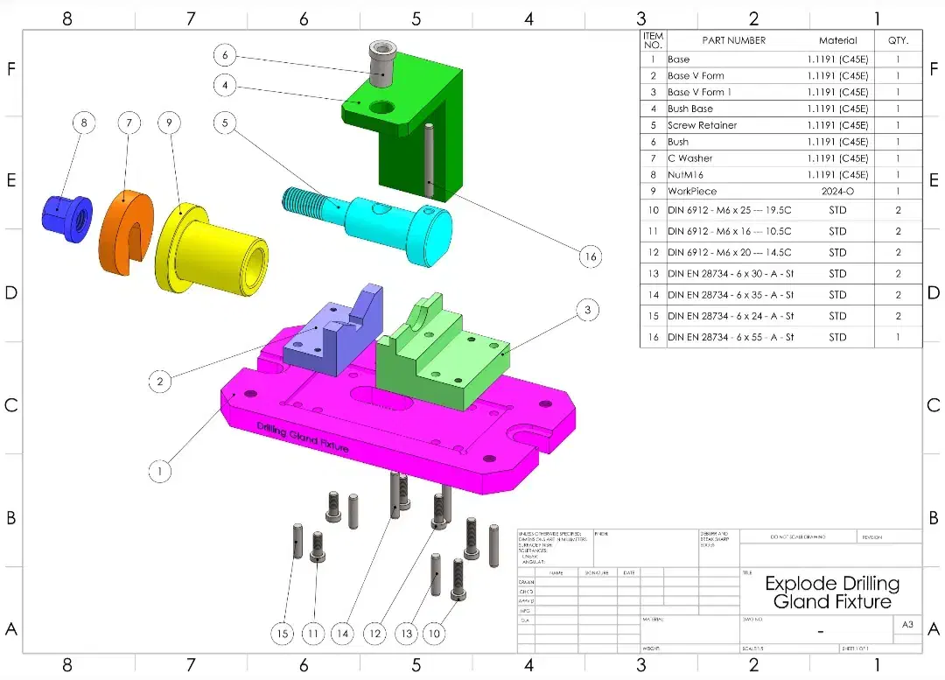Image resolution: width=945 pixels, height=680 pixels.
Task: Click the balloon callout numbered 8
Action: [84, 123]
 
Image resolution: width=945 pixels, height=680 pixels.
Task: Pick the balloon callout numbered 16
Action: [591, 256]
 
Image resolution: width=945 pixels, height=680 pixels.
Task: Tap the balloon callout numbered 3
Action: [588, 310]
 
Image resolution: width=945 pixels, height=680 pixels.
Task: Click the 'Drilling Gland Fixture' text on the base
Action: [303, 437]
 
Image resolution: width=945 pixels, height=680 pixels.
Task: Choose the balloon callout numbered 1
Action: [159, 471]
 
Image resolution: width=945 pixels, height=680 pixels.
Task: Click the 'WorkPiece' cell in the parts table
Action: [692, 191]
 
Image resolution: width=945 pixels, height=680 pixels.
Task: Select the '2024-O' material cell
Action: [837, 191]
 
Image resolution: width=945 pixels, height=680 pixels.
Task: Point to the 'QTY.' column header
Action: [898, 40]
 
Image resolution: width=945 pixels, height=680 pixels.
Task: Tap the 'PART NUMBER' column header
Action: [733, 40]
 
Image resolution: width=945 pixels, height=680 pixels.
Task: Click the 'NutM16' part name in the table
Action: [685, 174]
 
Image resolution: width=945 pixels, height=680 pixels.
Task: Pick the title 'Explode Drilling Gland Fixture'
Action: [831, 592]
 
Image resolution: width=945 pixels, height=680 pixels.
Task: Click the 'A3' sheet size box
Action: [907, 624]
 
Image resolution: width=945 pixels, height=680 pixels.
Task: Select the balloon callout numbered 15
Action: [282, 634]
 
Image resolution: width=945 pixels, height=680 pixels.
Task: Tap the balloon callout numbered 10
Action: [434, 634]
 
